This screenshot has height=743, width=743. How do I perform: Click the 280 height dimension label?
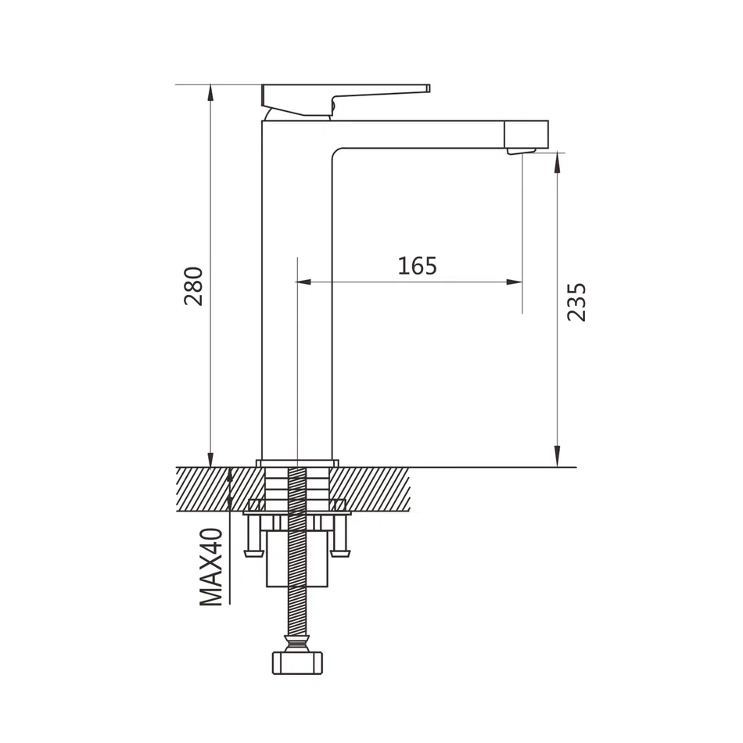[194, 286]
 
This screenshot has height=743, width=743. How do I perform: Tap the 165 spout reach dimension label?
[417, 266]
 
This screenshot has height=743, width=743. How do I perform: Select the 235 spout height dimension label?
[576, 303]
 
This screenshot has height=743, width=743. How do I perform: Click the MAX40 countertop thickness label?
[211, 567]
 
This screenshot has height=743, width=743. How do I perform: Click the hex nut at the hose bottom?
[297, 663]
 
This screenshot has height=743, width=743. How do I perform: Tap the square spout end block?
[527, 134]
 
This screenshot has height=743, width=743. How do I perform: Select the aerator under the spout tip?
[521, 151]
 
